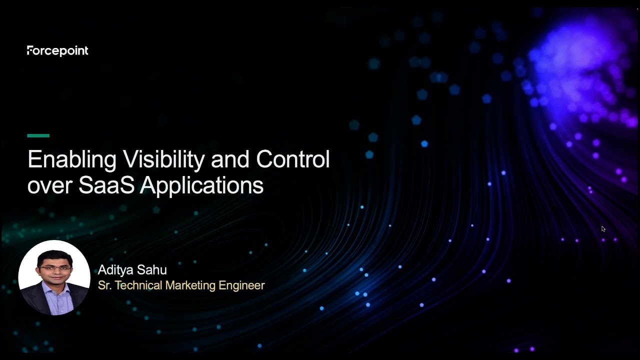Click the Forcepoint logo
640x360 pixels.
pos(57,50)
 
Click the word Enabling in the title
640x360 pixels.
pos(72,159)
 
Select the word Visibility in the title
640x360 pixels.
pos(164,159)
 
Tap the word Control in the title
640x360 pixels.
pos(292,159)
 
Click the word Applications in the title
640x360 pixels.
pos(201,185)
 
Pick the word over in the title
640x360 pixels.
pos(49,186)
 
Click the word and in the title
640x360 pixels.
pos(230,159)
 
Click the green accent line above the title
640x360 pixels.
pos(38,135)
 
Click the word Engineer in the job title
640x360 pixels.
pos(241,285)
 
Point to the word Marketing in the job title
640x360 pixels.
pos(190,285)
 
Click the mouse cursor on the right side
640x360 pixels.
pos(603,228)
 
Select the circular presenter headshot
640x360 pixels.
pos(54,277)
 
